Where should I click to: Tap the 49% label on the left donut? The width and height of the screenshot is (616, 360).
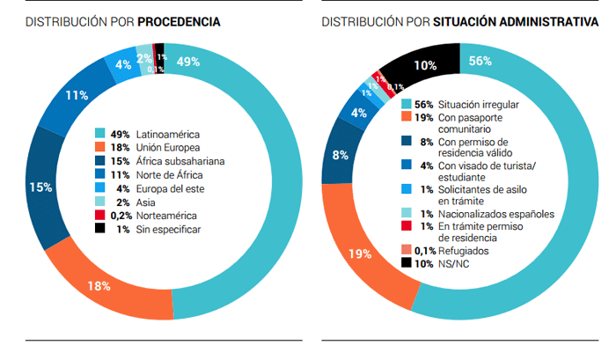point(188,62)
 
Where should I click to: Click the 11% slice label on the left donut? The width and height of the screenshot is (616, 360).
point(76,95)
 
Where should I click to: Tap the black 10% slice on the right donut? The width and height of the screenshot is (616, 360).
point(427,65)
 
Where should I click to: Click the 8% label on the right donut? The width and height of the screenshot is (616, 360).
point(339,156)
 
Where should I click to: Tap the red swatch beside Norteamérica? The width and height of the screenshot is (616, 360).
point(100,216)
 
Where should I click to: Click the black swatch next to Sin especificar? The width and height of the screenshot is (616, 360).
point(100,229)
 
